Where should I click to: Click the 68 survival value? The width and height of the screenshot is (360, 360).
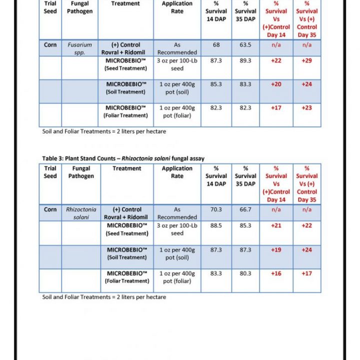pyautogui.click(x=216, y=45)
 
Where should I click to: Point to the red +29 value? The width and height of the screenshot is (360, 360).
pyautogui.click(x=306, y=60)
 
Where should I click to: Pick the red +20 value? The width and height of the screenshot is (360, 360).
pyautogui.click(x=276, y=84)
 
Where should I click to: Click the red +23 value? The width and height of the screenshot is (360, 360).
pyautogui.click(x=306, y=107)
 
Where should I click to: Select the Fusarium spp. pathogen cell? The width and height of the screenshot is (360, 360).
pyautogui.click(x=80, y=48)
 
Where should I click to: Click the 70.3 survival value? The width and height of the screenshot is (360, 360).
pyautogui.click(x=216, y=210)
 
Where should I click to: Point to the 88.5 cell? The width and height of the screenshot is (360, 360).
pyautogui.click(x=216, y=225)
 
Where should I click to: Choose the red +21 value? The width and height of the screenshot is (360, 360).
pyautogui.click(x=276, y=225)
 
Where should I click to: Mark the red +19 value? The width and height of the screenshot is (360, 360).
pyautogui.click(x=276, y=249)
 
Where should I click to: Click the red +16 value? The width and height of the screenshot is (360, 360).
pyautogui.click(x=276, y=273)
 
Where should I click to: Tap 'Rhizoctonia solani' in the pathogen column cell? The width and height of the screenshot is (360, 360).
pyautogui.click(x=81, y=213)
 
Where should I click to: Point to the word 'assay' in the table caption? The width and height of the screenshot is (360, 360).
pyautogui.click(x=195, y=158)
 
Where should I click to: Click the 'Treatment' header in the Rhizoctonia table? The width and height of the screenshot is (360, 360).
pyautogui.click(x=126, y=168)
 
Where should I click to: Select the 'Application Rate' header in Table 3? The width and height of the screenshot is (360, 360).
pyautogui.click(x=177, y=172)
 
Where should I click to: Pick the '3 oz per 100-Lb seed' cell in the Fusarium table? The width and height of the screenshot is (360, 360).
pyautogui.click(x=177, y=64)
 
